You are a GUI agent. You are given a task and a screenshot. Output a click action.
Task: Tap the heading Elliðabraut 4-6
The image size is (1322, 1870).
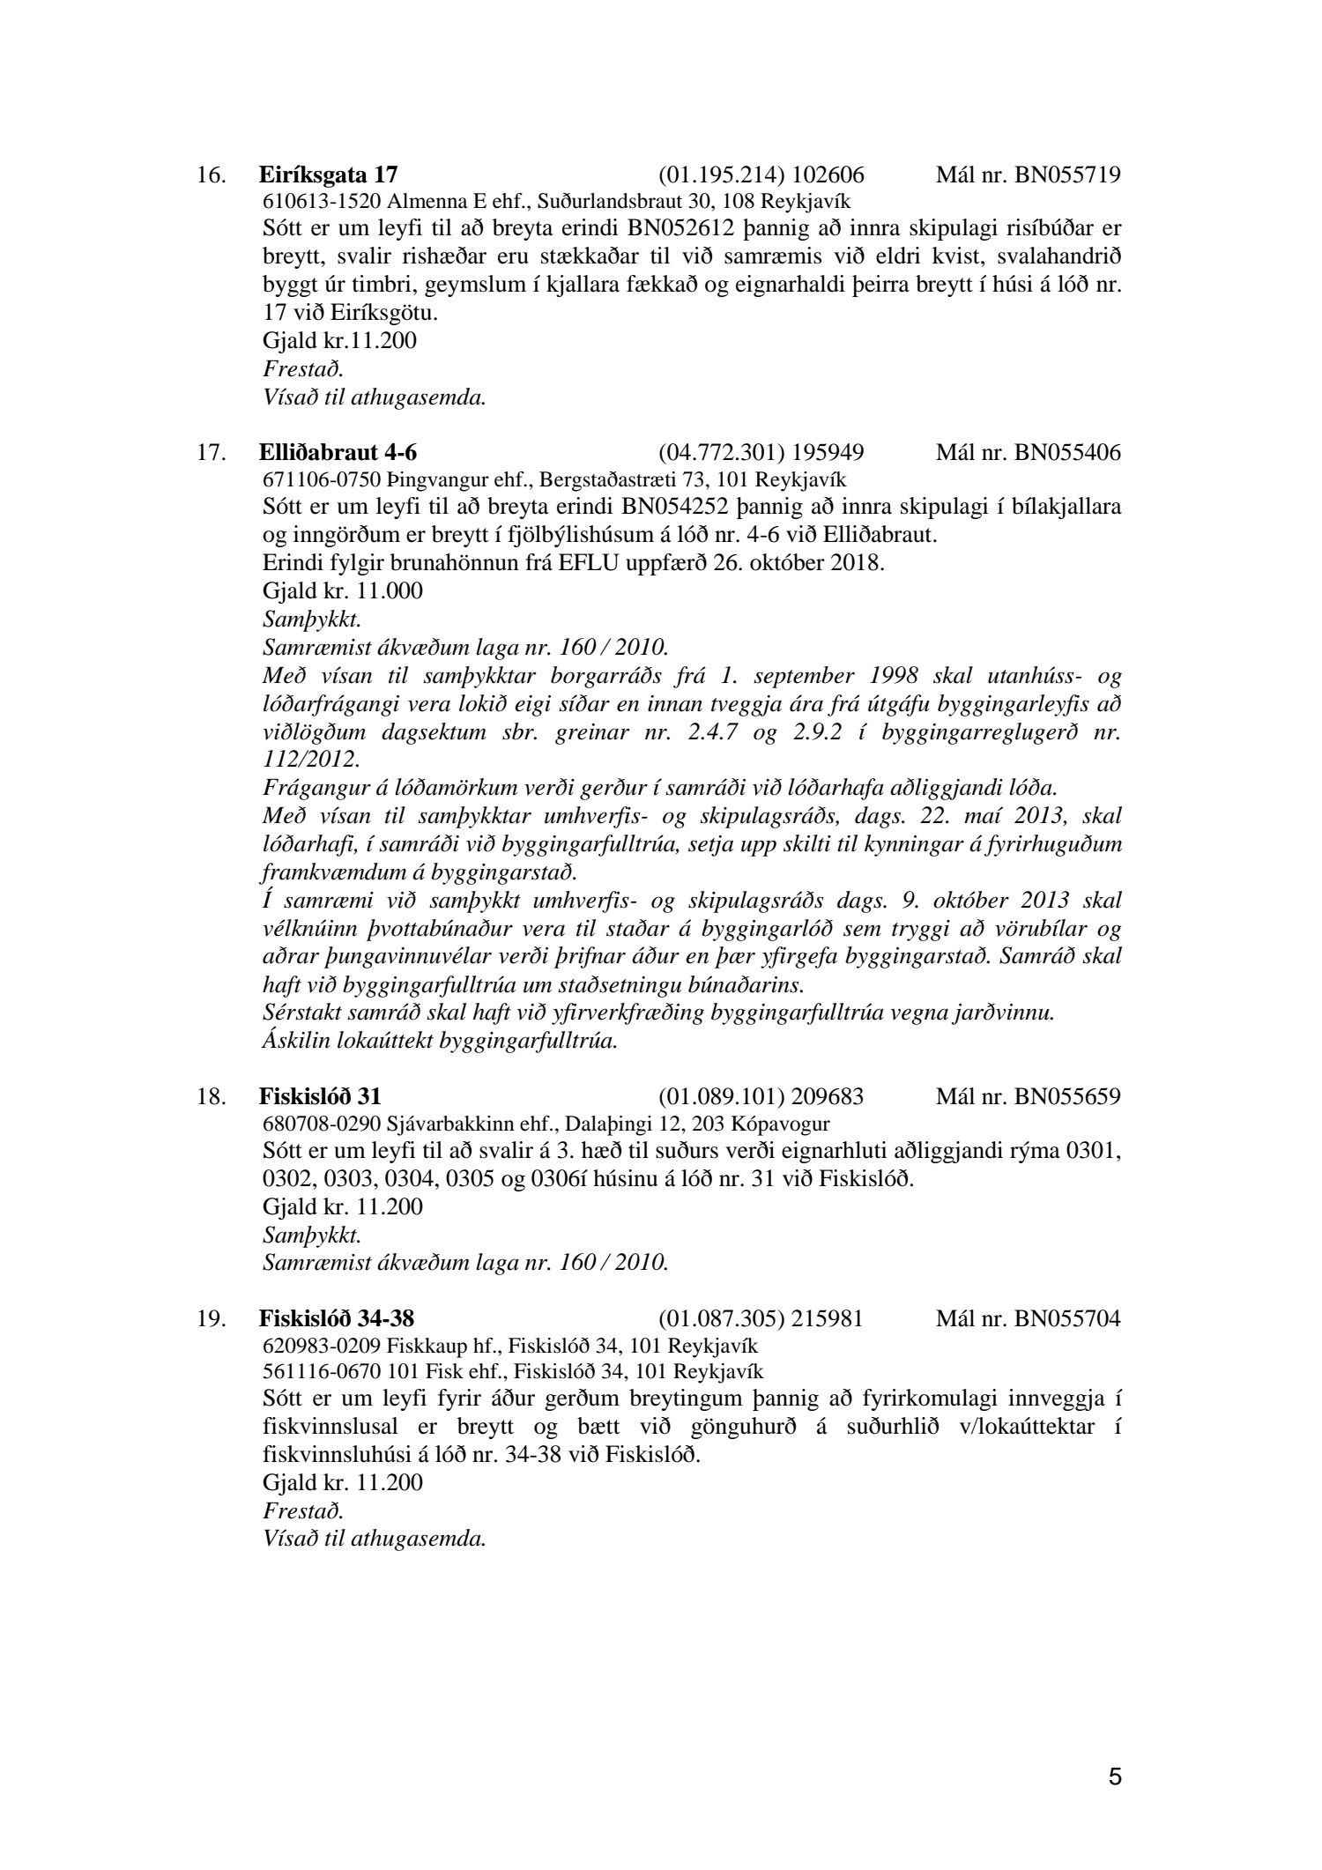point(338,453)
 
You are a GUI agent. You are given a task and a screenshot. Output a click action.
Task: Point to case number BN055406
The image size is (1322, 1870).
point(1067,453)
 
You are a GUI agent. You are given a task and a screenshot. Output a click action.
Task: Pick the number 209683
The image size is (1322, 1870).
point(828,1096)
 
